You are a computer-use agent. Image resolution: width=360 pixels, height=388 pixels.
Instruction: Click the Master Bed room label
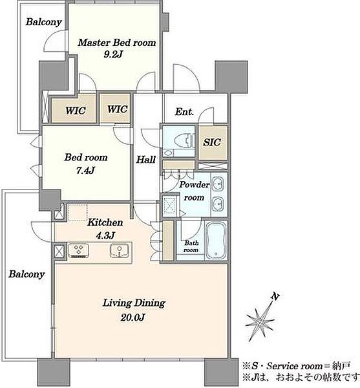[117, 43]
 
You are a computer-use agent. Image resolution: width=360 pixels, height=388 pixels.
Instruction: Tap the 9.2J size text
[113, 54]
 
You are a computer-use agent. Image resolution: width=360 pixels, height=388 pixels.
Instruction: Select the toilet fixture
[184, 141]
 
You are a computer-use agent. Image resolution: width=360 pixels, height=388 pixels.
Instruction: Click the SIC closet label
[212, 142]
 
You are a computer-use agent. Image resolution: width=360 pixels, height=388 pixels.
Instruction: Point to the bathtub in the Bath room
[216, 240]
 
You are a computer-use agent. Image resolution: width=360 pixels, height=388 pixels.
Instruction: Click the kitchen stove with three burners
[79, 250]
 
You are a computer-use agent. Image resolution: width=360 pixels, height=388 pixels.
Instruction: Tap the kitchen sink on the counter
[120, 250]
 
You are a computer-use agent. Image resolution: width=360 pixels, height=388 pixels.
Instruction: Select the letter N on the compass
[275, 296]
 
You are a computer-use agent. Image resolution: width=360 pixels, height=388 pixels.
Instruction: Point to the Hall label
[146, 160]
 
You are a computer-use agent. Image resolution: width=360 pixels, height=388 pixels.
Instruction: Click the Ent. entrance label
[184, 112]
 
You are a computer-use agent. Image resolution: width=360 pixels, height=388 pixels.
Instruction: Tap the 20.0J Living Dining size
[132, 318]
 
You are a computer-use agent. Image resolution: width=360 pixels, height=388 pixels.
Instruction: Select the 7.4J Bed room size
[85, 171]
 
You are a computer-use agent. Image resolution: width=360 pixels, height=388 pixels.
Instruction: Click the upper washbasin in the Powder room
[218, 184]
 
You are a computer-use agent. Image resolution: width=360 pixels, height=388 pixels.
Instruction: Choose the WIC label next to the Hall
[118, 109]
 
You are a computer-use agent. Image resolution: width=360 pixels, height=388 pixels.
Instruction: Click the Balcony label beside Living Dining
[26, 274]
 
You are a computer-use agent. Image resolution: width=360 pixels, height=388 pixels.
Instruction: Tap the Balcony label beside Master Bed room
[44, 22]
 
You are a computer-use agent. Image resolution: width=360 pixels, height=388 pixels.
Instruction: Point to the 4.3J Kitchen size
[105, 235]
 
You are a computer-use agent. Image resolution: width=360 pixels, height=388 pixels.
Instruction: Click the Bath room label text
[191, 246]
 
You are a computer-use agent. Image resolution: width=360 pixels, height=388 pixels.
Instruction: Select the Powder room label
[195, 191]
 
